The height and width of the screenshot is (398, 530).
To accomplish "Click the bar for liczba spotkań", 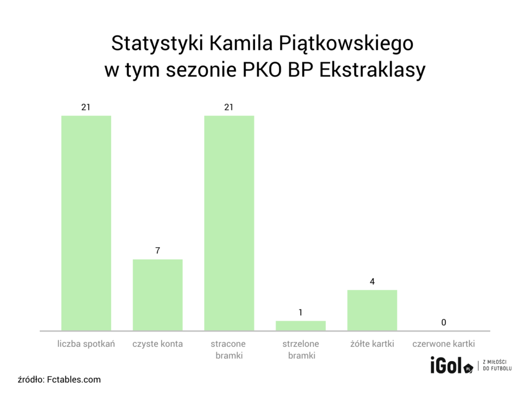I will (x=86, y=223).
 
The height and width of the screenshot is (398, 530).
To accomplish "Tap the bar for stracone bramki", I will (x=229, y=223).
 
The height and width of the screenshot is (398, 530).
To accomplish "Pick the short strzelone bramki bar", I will (x=300, y=325).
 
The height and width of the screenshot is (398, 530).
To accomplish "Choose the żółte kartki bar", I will (x=372, y=310).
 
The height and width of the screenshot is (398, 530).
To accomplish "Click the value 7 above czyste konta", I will (x=157, y=251).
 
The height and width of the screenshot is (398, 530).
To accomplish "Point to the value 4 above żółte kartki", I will (x=372, y=282).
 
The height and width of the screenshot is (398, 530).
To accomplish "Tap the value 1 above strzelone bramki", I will (x=300, y=312).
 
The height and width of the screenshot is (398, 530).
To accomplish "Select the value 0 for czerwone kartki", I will (x=444, y=323).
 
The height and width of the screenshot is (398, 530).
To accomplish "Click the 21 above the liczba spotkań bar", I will (x=86, y=107).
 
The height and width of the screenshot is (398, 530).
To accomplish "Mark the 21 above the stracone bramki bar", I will (x=229, y=107).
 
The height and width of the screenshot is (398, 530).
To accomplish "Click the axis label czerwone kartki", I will (x=444, y=344).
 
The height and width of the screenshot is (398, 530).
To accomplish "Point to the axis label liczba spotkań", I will (x=86, y=344).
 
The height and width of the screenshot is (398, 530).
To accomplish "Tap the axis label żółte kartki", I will (x=372, y=344).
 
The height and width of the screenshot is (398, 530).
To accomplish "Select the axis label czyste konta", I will (x=157, y=344).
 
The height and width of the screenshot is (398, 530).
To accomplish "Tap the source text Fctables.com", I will (x=73, y=379).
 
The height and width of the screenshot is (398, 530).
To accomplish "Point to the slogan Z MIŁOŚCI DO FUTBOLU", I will (x=497, y=365).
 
